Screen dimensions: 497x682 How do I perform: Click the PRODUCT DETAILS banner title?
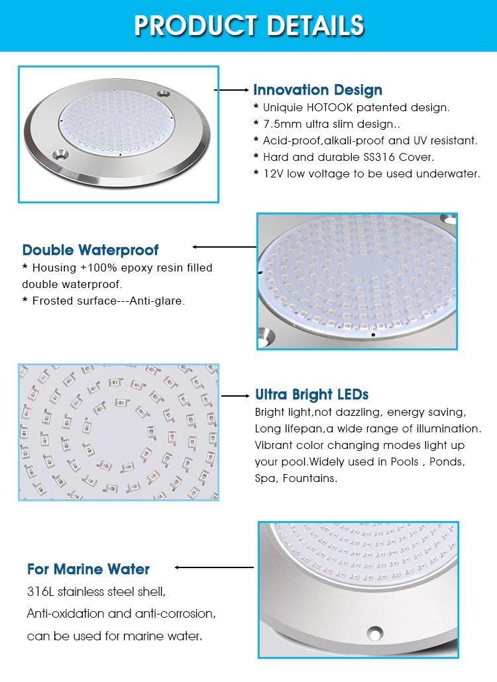pyautogui.click(x=249, y=25)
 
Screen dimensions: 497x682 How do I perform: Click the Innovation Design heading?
pyautogui.click(x=317, y=90)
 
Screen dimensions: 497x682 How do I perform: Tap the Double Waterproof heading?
pyautogui.click(x=90, y=250)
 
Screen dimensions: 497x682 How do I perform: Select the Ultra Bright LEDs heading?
pyautogui.click(x=311, y=395)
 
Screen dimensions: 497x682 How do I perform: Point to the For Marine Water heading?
pyautogui.click(x=88, y=569)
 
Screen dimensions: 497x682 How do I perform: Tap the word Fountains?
pyautogui.click(x=310, y=479)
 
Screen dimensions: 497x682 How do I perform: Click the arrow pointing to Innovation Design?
pyautogui.click(x=231, y=90)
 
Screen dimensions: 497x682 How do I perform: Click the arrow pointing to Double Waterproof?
pyautogui.click(x=225, y=247)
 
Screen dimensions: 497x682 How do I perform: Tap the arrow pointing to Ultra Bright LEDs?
pyautogui.click(x=235, y=396)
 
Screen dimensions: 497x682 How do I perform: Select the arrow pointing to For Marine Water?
pyautogui.click(x=214, y=567)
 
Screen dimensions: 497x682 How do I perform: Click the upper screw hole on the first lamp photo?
pyautogui.click(x=164, y=93)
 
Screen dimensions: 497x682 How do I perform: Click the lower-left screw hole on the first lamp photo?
pyautogui.click(x=60, y=154)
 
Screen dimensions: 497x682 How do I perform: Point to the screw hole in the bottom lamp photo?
pyautogui.click(x=374, y=632)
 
